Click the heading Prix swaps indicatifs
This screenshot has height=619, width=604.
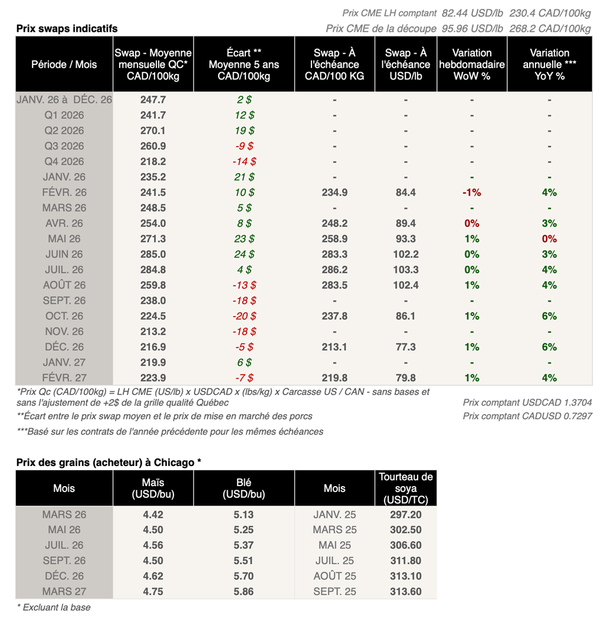point(67,28)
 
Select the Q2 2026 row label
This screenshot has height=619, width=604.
point(64,131)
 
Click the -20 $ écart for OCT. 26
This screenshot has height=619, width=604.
point(244,316)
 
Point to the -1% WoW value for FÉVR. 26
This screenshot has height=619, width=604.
point(472,193)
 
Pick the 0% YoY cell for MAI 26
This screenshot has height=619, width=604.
point(549,239)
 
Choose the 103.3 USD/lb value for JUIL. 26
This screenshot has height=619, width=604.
point(406,269)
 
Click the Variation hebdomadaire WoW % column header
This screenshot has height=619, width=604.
point(472,64)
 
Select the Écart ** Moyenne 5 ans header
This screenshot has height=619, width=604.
point(244,64)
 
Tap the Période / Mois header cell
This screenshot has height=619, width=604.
point(64,64)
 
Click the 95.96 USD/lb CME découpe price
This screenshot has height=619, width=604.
point(474,28)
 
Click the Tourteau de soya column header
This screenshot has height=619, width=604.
point(406,488)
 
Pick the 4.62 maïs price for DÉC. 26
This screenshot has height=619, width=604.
point(153,576)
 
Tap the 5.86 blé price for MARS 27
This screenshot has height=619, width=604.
point(244,591)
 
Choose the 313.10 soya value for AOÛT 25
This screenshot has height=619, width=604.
point(406,576)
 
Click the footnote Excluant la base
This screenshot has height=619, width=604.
point(54,607)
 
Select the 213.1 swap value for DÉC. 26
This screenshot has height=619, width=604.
point(334,347)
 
